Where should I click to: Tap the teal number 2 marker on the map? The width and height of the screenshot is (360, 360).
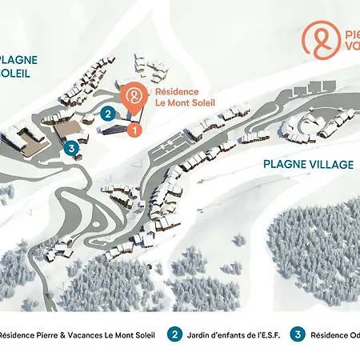107,114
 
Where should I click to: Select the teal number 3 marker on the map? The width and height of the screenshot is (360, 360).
71,147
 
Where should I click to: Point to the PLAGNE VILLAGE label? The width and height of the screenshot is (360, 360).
308,164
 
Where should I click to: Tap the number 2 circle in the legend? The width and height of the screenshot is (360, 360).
174,334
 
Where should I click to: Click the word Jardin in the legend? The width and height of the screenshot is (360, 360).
200,334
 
